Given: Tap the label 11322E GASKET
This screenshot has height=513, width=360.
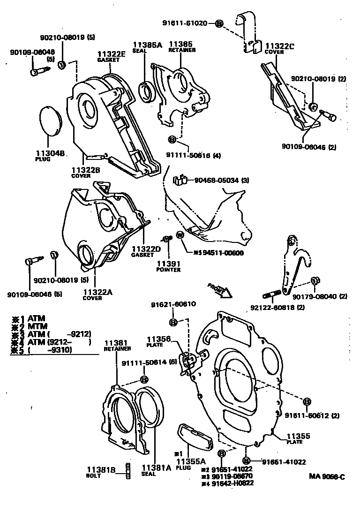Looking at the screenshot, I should (x=112, y=57).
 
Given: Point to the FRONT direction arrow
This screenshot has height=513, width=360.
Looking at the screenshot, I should (x=220, y=291).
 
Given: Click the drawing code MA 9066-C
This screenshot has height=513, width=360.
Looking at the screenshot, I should (x=327, y=477).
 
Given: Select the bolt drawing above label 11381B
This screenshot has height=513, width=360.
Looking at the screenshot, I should (x=127, y=470).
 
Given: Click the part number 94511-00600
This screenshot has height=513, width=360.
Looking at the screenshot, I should (x=221, y=252).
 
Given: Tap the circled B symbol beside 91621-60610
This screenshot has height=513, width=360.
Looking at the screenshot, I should (x=173, y=322).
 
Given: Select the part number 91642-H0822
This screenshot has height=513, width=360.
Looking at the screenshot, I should (x=232, y=483).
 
